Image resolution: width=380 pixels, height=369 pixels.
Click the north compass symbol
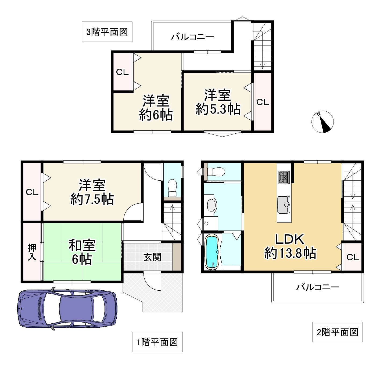(322, 122)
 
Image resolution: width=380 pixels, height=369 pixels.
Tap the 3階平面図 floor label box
(107, 32)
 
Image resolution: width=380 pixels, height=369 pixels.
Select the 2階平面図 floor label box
(338, 332)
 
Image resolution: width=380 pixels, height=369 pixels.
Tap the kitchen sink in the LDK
(284, 204)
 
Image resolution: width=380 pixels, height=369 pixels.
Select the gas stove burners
(284, 177)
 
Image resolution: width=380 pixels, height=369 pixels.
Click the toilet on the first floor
(172, 188)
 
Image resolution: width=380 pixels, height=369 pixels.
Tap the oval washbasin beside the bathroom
(211, 205)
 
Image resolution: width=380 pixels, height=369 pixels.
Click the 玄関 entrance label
(152, 257)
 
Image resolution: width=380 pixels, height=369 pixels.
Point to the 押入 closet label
(32, 252)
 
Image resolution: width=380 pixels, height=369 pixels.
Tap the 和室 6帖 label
(82, 252)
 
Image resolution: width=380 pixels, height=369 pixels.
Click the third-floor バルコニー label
(192, 37)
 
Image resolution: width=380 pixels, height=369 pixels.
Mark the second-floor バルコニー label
(318, 287)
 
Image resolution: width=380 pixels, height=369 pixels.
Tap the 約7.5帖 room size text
(92, 199)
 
